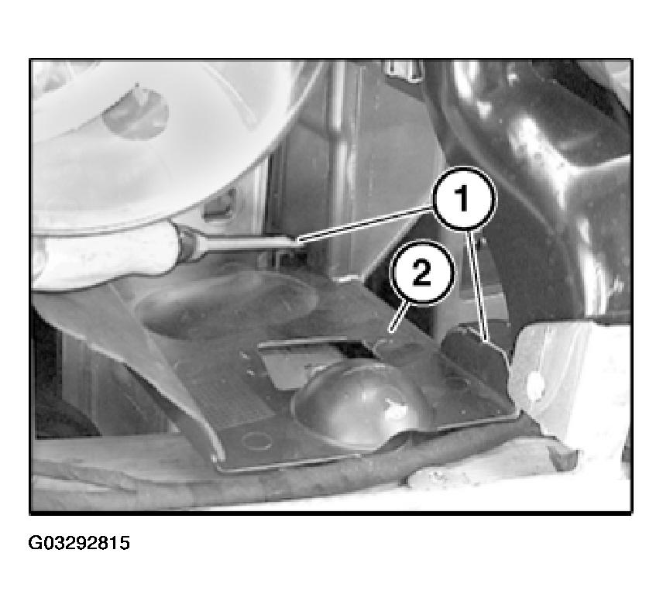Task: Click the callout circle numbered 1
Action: point(464,200)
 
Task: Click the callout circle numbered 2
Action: point(421,273)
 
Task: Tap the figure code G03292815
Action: point(79,543)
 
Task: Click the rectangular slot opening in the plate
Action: point(313,354)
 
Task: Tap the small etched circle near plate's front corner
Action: point(256,441)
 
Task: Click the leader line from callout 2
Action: point(398,316)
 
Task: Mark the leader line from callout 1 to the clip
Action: point(477,285)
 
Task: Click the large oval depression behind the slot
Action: point(226,302)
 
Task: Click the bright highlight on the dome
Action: point(395,411)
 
